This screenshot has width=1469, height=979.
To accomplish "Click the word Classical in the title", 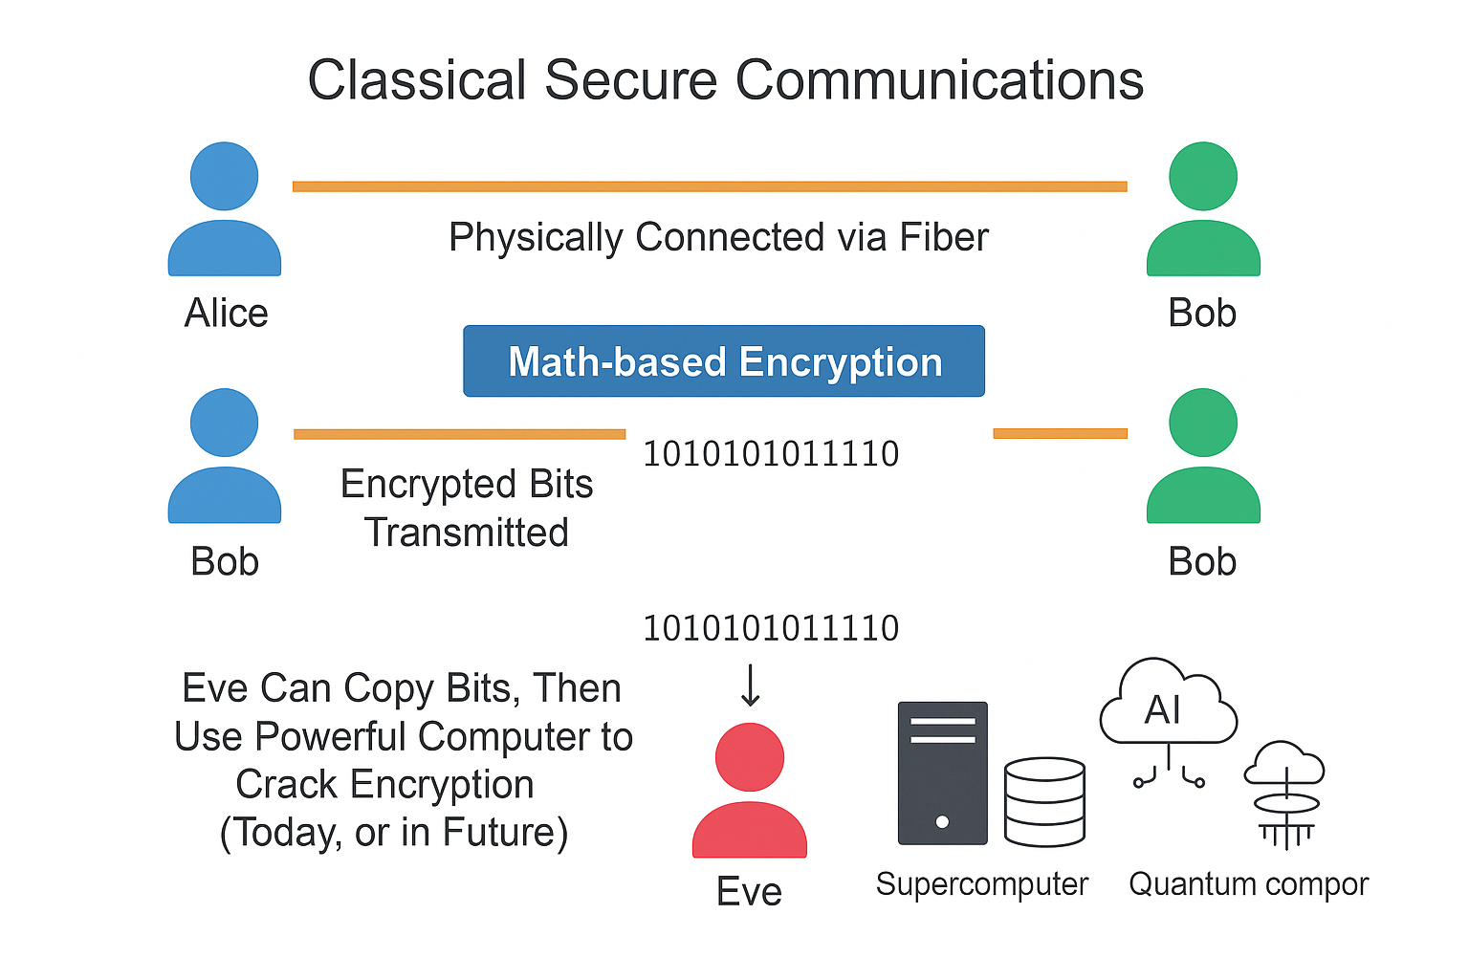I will (417, 80).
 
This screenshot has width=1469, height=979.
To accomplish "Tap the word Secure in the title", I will (630, 80).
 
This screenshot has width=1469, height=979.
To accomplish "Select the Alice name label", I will (226, 314).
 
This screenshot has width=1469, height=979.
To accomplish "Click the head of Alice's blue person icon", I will (224, 177).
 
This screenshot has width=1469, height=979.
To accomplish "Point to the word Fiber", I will (943, 237).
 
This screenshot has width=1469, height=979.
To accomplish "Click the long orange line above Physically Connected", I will (709, 186).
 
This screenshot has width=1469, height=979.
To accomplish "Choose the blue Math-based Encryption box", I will (724, 361).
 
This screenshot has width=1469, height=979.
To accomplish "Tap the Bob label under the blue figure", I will (225, 561).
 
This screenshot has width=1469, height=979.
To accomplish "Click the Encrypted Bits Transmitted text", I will (467, 508).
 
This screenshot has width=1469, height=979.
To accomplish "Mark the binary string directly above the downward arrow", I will (771, 628).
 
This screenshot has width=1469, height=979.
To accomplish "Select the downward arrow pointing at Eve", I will (751, 685).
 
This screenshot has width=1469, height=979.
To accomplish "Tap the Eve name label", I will (749, 891).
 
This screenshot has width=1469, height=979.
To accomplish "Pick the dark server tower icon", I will (942, 773).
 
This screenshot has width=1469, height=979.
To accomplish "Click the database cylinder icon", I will (1044, 802).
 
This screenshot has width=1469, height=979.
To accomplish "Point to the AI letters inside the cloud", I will (1163, 710).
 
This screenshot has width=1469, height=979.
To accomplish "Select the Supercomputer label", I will (981, 884).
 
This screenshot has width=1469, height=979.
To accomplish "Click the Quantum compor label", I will (1248, 884).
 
